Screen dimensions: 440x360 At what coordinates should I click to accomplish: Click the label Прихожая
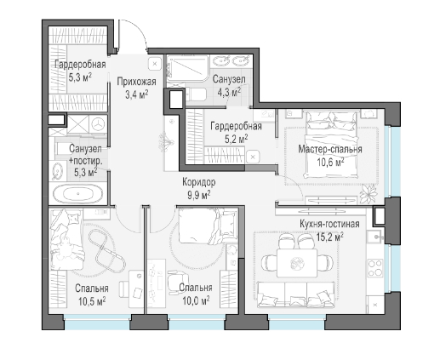coord(136,82)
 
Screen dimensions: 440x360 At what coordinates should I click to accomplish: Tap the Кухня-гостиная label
coord(329,224)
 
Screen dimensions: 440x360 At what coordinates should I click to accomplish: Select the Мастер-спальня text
coord(330,149)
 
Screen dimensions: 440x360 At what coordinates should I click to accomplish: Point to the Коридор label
coord(198,182)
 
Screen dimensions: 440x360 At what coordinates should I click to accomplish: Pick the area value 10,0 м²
coord(196,300)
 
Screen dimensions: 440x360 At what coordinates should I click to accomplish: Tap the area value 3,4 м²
coord(137,94)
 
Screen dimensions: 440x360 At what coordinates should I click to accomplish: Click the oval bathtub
coord(78,194)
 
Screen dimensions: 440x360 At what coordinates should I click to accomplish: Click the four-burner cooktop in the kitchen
coord(375,268)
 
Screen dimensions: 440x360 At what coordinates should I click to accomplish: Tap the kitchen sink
coord(375,237)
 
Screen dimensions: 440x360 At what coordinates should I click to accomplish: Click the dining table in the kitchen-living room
coord(297,263)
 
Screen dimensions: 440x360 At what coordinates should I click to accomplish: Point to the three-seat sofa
coord(295,294)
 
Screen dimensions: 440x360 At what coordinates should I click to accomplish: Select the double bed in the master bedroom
coord(331,145)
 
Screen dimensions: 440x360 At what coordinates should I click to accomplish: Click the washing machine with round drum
coord(99,124)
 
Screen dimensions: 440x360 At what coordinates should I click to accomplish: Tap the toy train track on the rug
coord(106,250)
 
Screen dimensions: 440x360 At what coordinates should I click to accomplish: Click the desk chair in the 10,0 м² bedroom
coord(177,279)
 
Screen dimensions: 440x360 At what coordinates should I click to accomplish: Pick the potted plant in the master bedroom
coord(369,194)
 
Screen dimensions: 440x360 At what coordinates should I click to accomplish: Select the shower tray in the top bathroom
coord(186,71)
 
